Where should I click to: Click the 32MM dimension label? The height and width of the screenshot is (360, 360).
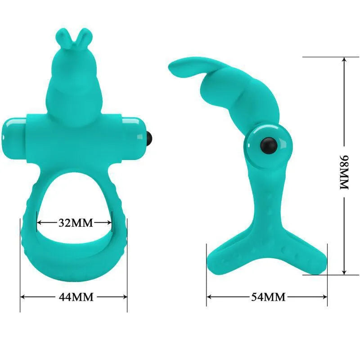click(75, 223)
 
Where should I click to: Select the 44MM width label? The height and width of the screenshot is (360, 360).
click(75, 297)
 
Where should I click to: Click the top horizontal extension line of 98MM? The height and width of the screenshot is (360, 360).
click(324, 57)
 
